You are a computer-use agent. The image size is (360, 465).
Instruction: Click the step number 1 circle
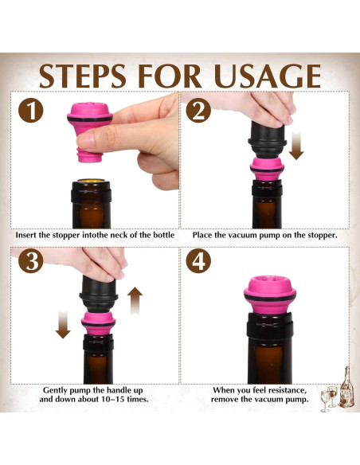pyautogui.click(x=31, y=111)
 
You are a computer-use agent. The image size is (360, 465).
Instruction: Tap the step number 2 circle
pyautogui.click(x=198, y=111)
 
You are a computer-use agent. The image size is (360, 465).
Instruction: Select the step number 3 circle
pyautogui.click(x=31, y=261)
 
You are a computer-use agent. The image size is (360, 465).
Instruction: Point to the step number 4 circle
pyautogui.click(x=198, y=261)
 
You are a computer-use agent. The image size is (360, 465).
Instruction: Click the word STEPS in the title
pyautogui.click(x=83, y=76)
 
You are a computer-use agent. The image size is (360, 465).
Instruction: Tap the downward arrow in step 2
pyautogui.click(x=296, y=146)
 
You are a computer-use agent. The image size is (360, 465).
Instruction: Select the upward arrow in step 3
pyautogui.click(x=135, y=300)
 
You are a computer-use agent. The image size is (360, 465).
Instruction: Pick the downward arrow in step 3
pyautogui.click(x=63, y=324)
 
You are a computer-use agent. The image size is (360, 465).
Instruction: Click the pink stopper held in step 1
pyautogui.click(x=89, y=131)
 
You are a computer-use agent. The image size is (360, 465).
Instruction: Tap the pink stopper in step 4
pyautogui.click(x=269, y=295)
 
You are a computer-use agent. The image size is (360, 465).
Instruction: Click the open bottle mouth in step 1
pyautogui.click(x=91, y=181)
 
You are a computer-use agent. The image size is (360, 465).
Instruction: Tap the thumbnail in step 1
pyautogui.click(x=87, y=139)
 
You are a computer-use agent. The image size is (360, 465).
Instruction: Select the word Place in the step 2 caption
pyautogui.click(x=202, y=235)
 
